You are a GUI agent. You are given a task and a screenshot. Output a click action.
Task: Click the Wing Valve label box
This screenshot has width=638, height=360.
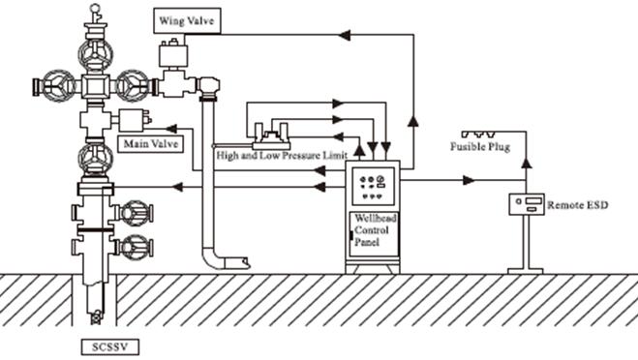coord(187,20)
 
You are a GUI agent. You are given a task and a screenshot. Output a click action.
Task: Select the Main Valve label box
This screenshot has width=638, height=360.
coord(151,144)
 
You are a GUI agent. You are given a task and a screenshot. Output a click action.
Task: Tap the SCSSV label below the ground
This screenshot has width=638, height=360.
coord(109,347)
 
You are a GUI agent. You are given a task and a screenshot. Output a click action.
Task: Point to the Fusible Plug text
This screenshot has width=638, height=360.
coord(480,146)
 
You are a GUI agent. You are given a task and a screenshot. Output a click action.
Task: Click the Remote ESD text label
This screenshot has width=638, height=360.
coord(578,205)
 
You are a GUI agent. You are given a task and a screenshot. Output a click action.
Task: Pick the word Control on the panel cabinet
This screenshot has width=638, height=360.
coord(372,230)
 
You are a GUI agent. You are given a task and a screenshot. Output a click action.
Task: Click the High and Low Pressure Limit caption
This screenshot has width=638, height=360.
coord(282,156)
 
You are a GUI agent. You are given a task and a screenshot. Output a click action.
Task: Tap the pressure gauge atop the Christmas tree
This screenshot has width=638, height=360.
coord(95,8)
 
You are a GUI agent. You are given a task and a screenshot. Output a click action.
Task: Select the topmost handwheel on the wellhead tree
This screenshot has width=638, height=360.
coord(95,55)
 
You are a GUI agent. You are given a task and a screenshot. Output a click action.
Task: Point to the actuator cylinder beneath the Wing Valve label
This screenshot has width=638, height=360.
coord(173,55)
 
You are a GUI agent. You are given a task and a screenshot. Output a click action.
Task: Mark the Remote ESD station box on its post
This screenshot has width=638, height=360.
coord(527,204)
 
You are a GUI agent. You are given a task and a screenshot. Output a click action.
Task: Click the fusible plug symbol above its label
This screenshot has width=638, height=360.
coord(479,134)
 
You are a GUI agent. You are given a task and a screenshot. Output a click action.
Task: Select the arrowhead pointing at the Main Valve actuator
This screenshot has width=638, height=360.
coord(171,129)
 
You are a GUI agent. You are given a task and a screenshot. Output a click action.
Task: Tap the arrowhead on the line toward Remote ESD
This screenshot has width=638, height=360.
coord(469,180)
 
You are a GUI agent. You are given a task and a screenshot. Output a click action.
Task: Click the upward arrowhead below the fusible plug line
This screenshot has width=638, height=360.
coord(527,163)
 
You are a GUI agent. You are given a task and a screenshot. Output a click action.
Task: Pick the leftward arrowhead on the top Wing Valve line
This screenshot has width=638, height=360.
coord(345,35)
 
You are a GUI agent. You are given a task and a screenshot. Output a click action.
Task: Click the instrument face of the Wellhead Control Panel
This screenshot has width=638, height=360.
coord(373,187)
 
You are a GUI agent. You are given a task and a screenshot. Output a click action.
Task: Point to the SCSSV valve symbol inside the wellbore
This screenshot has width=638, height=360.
coord(96,317)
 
